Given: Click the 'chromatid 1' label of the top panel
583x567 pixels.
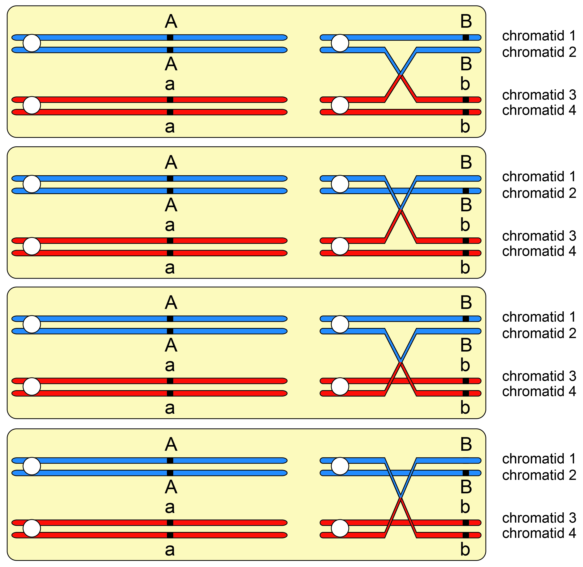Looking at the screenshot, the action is pyautogui.click(x=539, y=36).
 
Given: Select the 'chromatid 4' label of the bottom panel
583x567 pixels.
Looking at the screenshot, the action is pyautogui.click(x=539, y=533).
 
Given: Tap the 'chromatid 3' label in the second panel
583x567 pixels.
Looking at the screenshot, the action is pyautogui.click(x=539, y=236).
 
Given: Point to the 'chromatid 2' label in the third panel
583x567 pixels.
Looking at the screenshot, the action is pyautogui.click(x=539, y=333).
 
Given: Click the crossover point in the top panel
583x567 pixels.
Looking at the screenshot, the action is pyautogui.click(x=401, y=74).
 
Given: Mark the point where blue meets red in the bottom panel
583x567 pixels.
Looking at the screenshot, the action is pyautogui.click(x=401, y=497).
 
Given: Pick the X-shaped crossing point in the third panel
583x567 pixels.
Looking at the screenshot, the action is pyautogui.click(x=401, y=362).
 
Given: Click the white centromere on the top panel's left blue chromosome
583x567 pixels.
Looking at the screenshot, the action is pyautogui.click(x=32, y=43).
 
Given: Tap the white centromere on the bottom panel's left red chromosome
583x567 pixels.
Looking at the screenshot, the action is pyautogui.click(x=32, y=528).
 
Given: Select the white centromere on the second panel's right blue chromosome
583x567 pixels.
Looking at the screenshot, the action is pyautogui.click(x=340, y=184).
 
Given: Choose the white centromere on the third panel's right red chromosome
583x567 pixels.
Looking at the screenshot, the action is pyautogui.click(x=340, y=387).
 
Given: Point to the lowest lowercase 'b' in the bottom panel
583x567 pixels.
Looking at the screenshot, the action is pyautogui.click(x=465, y=549).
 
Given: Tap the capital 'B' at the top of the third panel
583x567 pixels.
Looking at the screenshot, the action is pyautogui.click(x=466, y=303).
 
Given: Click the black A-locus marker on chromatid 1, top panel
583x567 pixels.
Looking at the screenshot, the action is pyautogui.click(x=170, y=37).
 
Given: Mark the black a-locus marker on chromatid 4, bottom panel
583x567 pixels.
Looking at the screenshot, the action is pyautogui.click(x=170, y=535).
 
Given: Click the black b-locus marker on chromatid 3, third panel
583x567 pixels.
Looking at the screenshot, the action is pyautogui.click(x=466, y=381).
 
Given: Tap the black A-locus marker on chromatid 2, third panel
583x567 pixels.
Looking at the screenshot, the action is pyautogui.click(x=170, y=331).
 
